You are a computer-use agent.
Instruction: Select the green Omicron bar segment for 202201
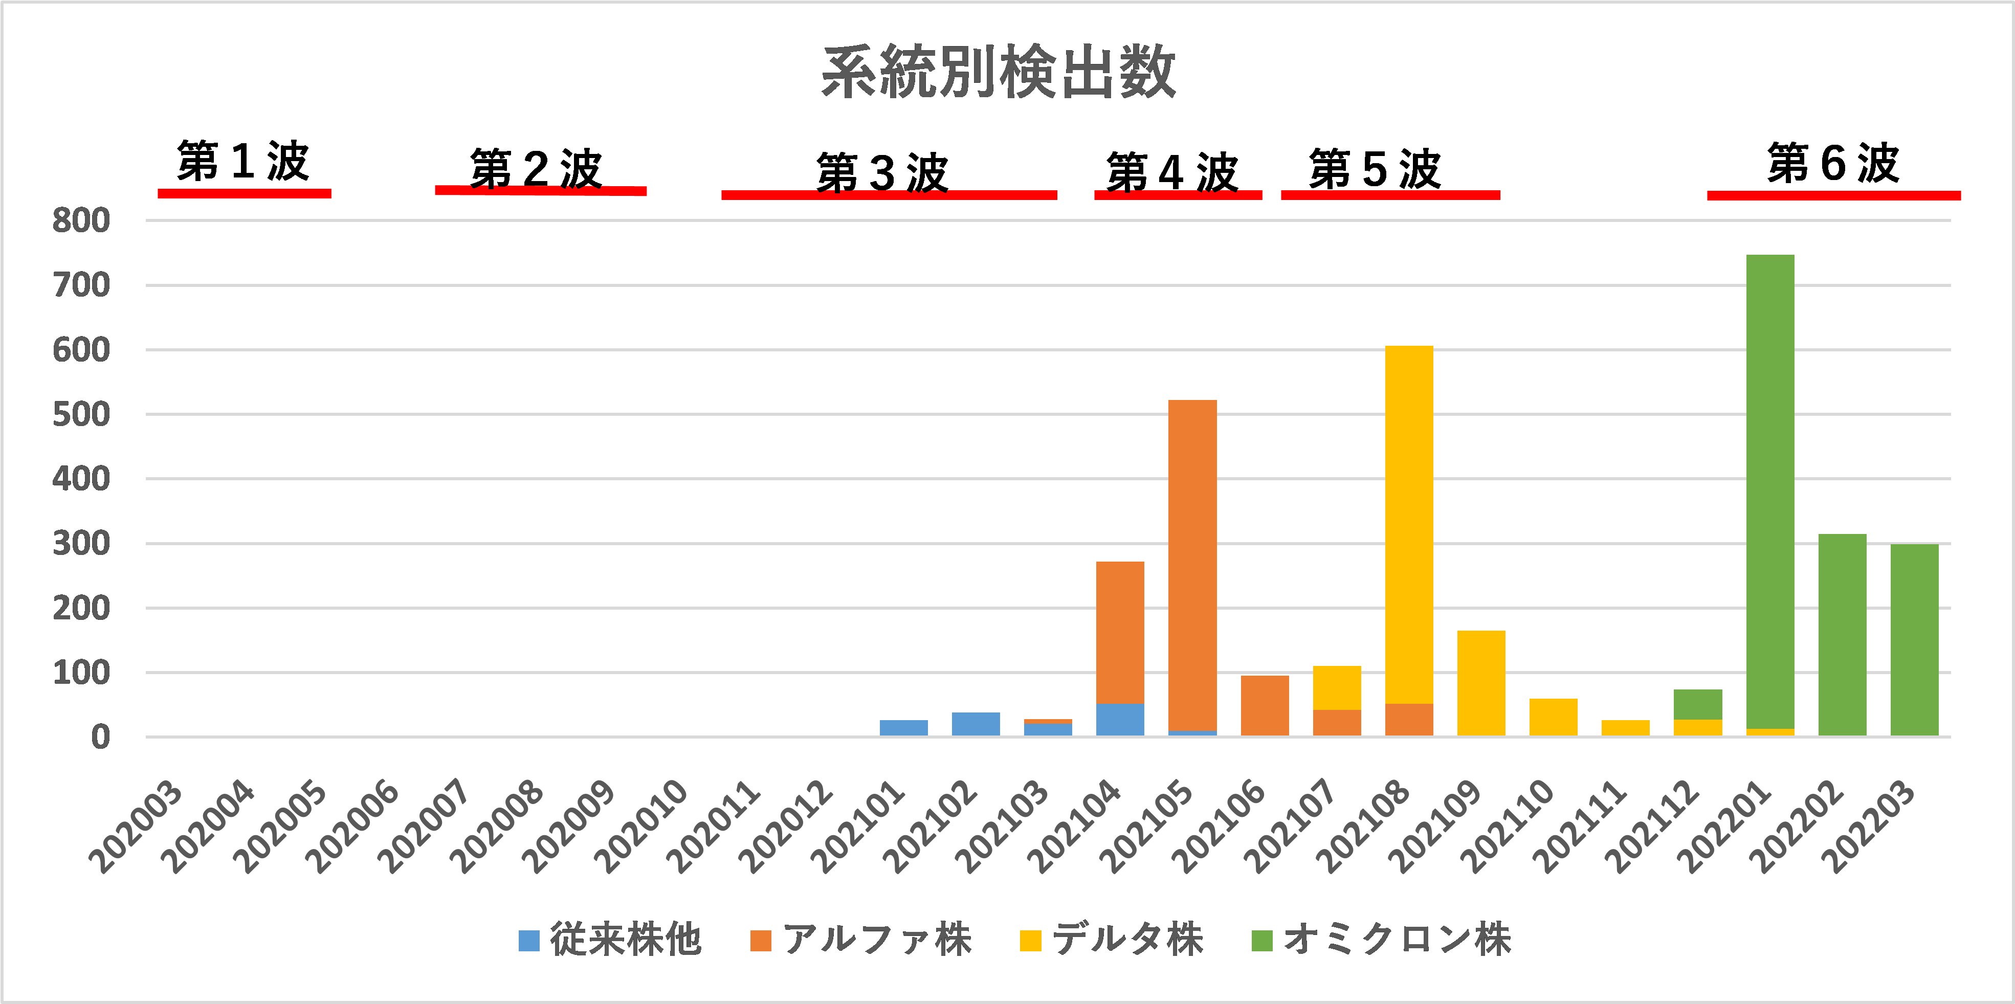click(x=1769, y=493)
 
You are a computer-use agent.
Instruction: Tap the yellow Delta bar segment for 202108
click(x=1409, y=524)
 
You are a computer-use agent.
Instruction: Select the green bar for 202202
click(x=1842, y=635)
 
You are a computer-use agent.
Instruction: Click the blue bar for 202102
click(x=976, y=724)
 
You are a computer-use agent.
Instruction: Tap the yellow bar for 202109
click(x=1481, y=683)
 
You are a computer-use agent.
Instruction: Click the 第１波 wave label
click(x=243, y=162)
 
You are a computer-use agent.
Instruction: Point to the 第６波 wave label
click(x=1833, y=164)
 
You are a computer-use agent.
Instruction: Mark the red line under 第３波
click(x=889, y=195)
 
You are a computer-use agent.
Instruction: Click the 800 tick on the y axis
click(x=81, y=221)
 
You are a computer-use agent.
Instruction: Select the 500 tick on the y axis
click(x=81, y=414)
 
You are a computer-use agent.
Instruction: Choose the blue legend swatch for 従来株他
click(x=529, y=941)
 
